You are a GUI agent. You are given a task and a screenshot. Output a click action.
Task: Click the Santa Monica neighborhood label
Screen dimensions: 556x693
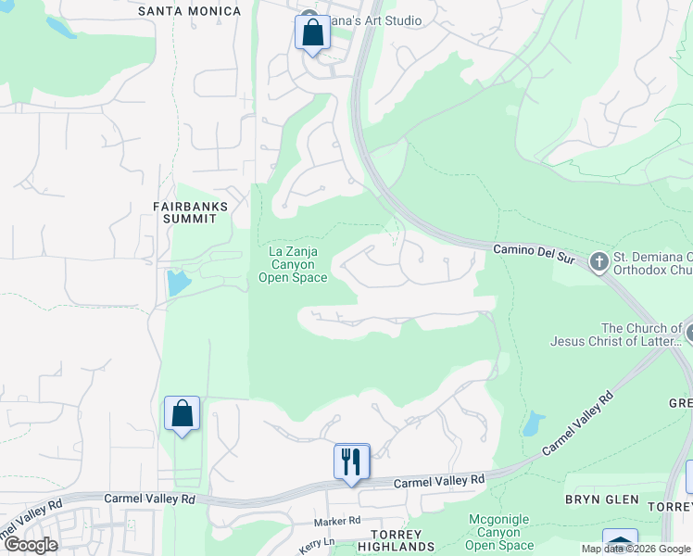[189, 11]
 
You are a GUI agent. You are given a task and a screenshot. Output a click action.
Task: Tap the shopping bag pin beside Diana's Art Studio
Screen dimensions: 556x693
[312, 33]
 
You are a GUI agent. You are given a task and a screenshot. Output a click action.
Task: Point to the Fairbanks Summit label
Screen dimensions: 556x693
[184, 212]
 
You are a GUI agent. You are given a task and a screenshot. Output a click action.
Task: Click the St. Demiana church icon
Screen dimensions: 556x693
[598, 262]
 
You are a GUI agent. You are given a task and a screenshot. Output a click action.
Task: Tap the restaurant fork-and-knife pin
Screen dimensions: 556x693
[351, 461]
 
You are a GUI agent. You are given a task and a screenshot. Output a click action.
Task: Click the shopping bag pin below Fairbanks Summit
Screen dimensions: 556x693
[182, 413]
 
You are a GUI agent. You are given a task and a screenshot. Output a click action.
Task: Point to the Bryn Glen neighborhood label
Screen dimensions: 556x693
[602, 499]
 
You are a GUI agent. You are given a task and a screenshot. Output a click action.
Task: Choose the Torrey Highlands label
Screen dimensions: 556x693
[397, 541]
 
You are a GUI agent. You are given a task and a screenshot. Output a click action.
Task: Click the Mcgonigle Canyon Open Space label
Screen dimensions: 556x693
[499, 532]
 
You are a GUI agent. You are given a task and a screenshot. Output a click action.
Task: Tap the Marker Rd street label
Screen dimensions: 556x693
[336, 522]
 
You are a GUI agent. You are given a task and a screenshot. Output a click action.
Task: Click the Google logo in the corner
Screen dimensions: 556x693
[31, 545]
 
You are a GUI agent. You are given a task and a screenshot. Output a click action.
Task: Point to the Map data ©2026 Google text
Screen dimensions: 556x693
[636, 549]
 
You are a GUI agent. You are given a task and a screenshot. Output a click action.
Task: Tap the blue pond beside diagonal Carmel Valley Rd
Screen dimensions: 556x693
[532, 424]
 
